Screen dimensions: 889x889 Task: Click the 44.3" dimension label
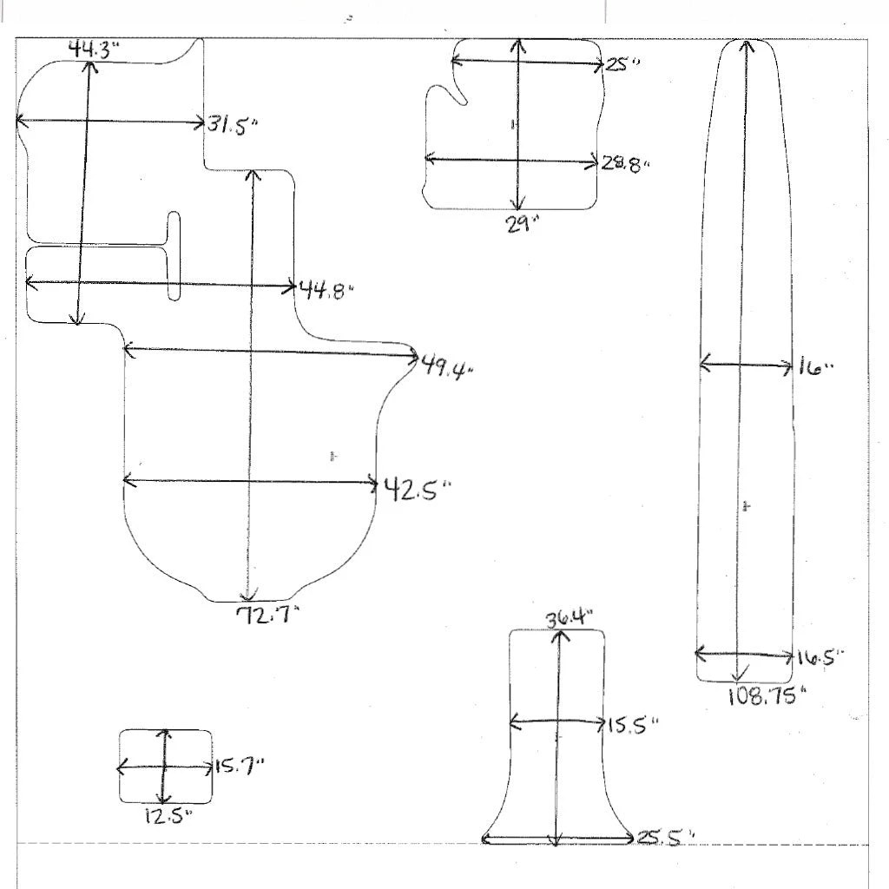pos(94,49)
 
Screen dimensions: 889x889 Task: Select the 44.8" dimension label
pos(326,290)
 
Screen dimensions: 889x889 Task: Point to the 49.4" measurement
pos(447,368)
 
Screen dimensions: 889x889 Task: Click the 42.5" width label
pos(418,489)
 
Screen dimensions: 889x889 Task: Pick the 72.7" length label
pos(267,615)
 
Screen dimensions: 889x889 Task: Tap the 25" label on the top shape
pos(622,63)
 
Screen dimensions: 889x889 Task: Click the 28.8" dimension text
pos(625,164)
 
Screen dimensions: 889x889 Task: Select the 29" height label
pos(522,225)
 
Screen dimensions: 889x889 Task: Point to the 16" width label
pos(816,367)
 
